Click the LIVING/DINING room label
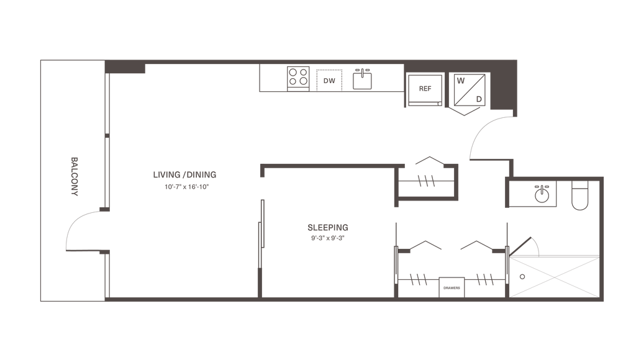point(184,174)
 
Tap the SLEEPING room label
point(327,227)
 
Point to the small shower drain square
point(522,276)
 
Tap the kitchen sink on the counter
point(362,79)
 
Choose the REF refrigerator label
point(425,89)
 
